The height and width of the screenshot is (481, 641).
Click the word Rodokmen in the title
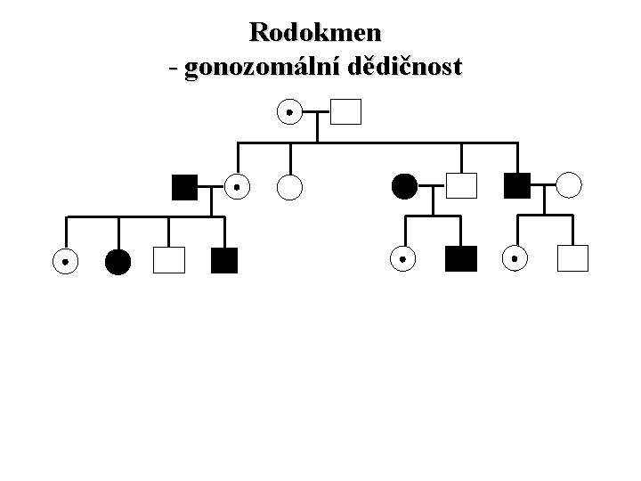pyautogui.click(x=316, y=33)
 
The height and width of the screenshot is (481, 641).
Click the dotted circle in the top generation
pyautogui.click(x=288, y=112)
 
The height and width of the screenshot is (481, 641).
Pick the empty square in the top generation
pyautogui.click(x=346, y=112)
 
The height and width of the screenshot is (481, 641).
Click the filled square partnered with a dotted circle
pyautogui.click(x=183, y=186)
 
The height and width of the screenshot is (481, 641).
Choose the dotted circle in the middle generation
pyautogui.click(x=236, y=186)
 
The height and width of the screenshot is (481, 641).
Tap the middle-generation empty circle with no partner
pyautogui.click(x=290, y=186)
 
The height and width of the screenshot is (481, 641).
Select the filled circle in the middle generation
pyautogui.click(x=403, y=186)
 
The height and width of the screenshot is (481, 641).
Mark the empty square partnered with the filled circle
pyautogui.click(x=461, y=186)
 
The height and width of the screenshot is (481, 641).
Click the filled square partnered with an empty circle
pyautogui.click(x=516, y=185)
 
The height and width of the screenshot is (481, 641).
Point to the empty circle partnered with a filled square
pyautogui.click(x=569, y=185)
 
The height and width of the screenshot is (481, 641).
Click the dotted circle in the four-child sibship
pyautogui.click(x=64, y=261)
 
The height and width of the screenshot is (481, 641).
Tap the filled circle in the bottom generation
pyautogui.click(x=118, y=261)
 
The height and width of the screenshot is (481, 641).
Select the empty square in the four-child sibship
pyautogui.click(x=168, y=260)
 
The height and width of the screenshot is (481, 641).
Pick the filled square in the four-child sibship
pyautogui.click(x=224, y=260)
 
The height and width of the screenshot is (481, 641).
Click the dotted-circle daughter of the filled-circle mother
pyautogui.click(x=402, y=259)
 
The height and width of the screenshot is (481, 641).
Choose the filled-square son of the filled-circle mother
pyautogui.click(x=461, y=259)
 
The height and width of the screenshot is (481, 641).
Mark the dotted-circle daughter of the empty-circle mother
pyautogui.click(x=515, y=258)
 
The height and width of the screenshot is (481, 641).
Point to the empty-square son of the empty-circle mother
pyautogui.click(x=572, y=258)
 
